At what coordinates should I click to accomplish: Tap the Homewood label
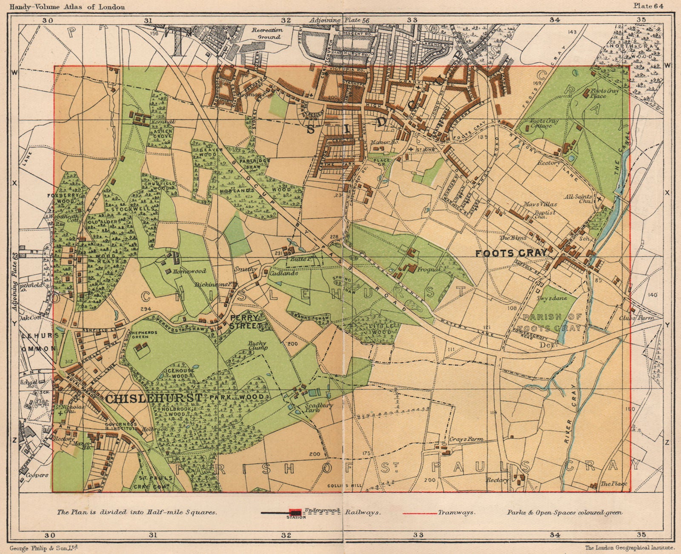192,271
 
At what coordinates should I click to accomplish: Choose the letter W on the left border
14,73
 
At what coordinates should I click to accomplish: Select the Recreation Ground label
267,33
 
